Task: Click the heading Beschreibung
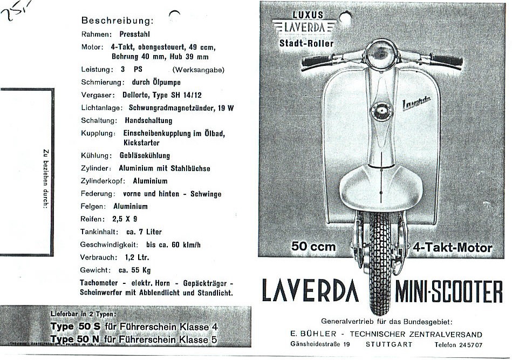(117, 21)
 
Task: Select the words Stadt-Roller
(306, 43)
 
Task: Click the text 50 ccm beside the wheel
(313, 247)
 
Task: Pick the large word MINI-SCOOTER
(449, 292)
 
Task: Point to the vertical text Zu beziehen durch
(46, 178)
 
